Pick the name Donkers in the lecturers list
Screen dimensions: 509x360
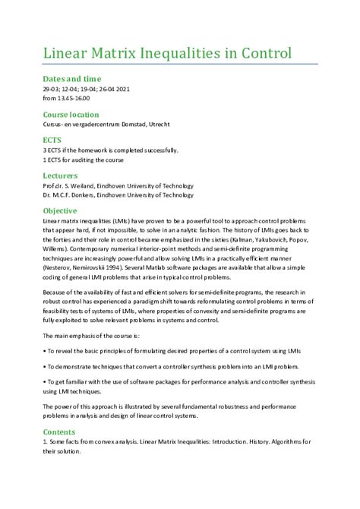pyautogui.click(x=90, y=194)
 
